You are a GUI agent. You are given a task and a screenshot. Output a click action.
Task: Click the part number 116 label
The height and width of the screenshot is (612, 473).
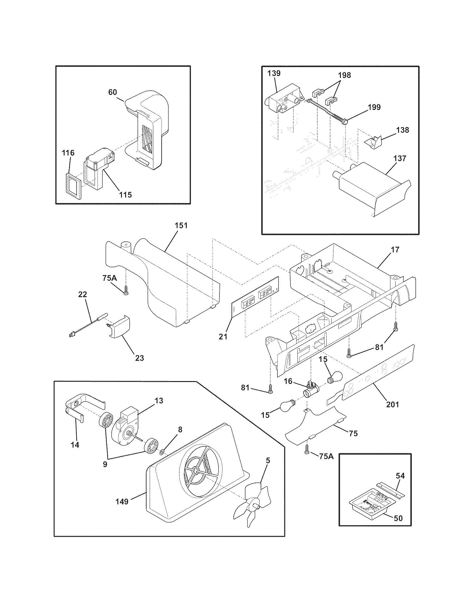coord(68,153)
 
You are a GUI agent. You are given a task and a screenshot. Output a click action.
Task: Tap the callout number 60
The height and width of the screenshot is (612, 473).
coord(112,92)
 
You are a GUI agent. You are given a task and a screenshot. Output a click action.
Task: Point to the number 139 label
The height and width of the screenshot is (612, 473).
coord(274,73)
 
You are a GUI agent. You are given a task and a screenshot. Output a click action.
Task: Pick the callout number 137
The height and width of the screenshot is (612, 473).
coord(400,158)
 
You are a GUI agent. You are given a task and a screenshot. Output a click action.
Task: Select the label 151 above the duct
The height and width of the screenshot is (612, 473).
coord(181,226)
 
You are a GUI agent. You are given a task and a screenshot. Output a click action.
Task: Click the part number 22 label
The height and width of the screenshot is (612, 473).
coord(82,295)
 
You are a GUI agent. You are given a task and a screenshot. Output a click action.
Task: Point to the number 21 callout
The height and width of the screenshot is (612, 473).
coord(223,337)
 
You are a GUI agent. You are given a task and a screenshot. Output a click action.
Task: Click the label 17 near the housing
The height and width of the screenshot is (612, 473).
coord(395,250)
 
